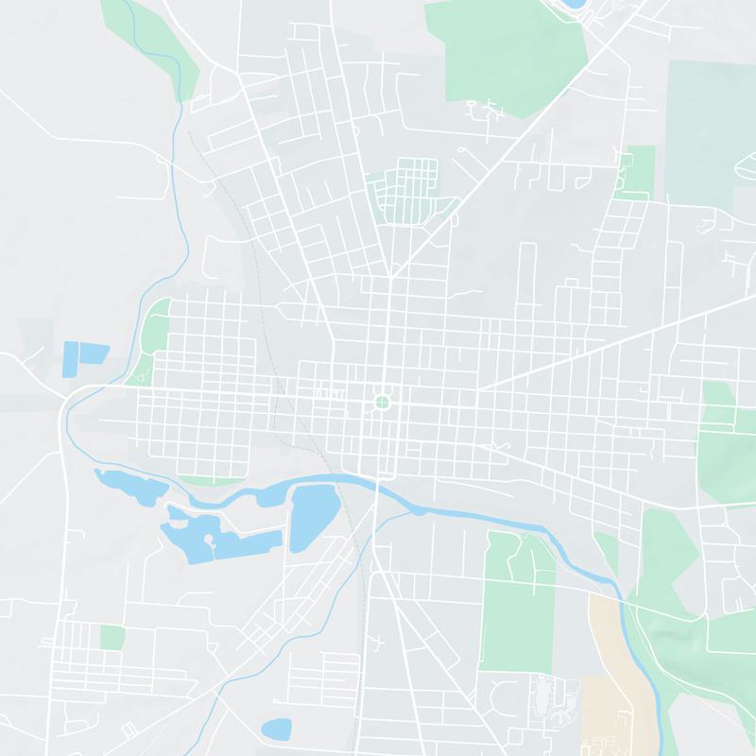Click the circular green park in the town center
(x=382, y=403)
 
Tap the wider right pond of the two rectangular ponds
(x=94, y=353)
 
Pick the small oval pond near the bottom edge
(x=276, y=729)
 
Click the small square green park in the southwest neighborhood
(x=112, y=638)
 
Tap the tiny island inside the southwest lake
(x=211, y=543)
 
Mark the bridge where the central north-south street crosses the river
(x=376, y=485)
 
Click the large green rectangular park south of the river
(x=515, y=605)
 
